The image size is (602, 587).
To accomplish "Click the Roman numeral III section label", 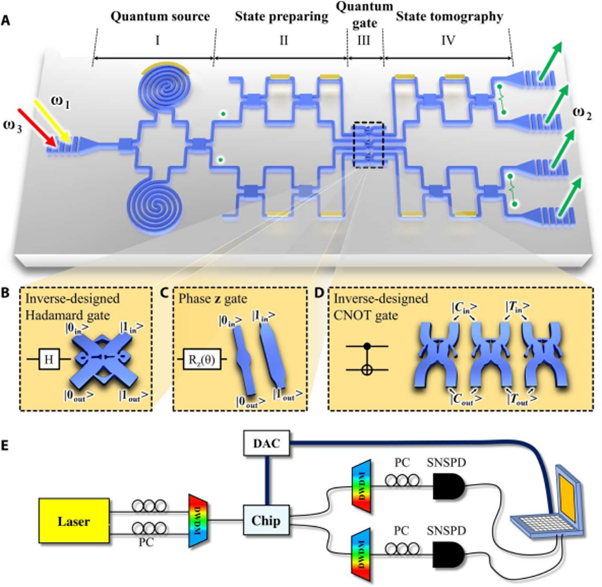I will pyautogui.click(x=364, y=41).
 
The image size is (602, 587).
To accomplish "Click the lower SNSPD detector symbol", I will pyautogui.click(x=448, y=558).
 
